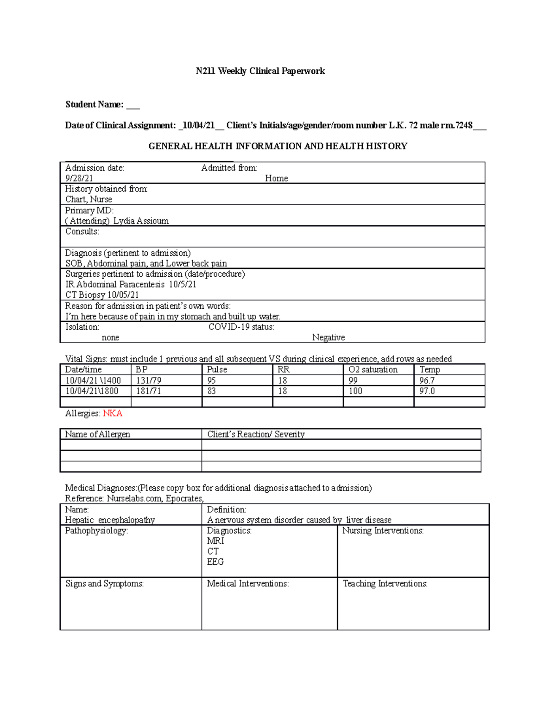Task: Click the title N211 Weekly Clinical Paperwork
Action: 260,71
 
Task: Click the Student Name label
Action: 95,104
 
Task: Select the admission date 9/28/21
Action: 79,178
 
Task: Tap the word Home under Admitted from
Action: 276,178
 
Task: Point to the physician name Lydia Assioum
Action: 141,221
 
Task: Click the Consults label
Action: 82,231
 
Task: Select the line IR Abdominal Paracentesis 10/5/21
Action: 131,284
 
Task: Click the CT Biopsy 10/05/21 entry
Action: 102,295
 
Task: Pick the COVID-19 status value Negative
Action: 328,338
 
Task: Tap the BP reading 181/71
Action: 148,391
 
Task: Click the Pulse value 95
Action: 211,380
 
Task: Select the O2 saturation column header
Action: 373,370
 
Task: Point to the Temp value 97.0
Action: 427,391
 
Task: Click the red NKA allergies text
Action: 113,414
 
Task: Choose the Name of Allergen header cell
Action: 97,434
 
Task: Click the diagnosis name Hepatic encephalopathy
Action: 110,520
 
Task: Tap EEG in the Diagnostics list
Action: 215,562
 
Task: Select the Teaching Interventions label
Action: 385,584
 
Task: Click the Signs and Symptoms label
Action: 104,584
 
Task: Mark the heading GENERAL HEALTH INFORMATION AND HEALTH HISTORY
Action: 278,147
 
